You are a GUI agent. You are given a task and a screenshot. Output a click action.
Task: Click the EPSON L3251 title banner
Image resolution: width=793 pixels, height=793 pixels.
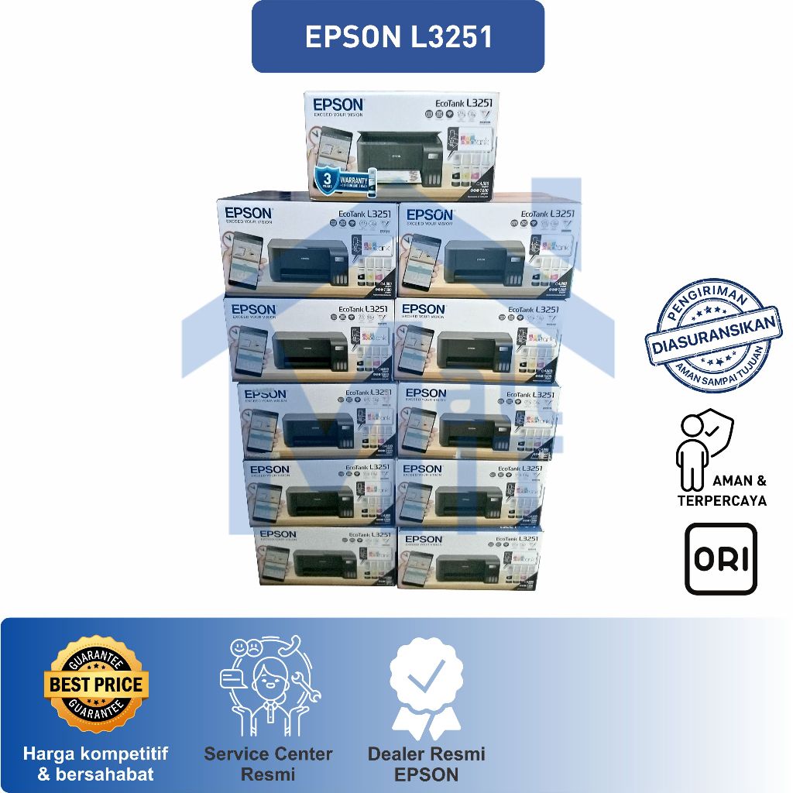click(x=398, y=37)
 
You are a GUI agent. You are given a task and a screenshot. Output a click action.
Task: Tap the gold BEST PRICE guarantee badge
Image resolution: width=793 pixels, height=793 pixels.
click(x=96, y=685)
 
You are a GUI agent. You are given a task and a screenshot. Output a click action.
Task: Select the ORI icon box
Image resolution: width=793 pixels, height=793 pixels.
click(x=720, y=559)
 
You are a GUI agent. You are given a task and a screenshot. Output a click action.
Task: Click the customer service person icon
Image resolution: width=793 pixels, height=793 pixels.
click(x=268, y=686)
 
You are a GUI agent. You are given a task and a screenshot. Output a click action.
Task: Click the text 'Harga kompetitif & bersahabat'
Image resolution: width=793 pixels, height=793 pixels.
click(x=96, y=764)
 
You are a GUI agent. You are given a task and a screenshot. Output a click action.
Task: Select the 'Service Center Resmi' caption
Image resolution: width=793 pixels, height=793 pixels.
click(x=268, y=764)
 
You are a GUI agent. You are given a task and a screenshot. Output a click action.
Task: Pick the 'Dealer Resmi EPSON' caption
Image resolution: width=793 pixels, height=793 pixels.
click(x=426, y=764)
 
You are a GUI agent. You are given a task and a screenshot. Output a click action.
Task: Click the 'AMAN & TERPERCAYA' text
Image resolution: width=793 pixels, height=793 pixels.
click(x=722, y=491)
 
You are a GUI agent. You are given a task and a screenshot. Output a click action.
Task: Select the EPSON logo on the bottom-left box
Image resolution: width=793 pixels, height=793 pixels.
click(x=278, y=534)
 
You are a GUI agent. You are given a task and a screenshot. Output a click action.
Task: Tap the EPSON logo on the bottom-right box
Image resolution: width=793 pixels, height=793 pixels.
click(x=424, y=539)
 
